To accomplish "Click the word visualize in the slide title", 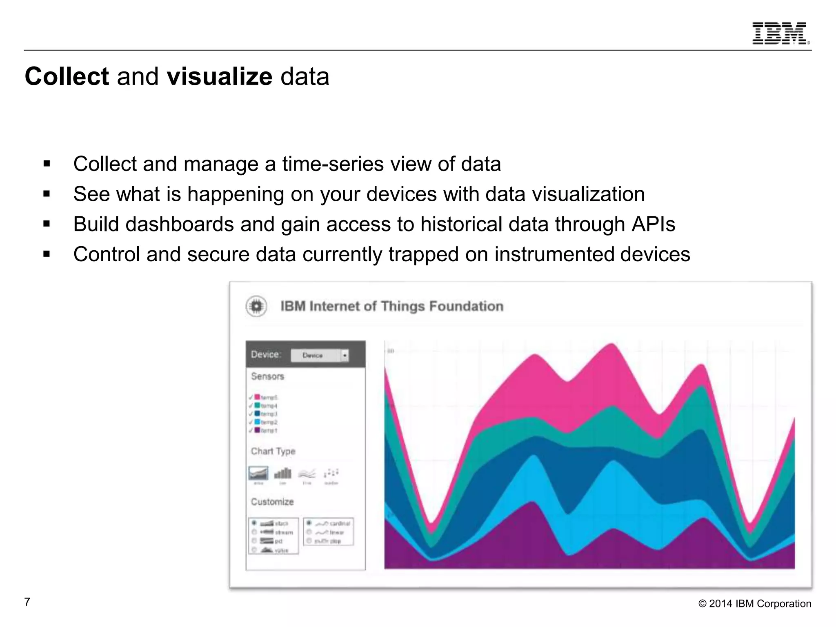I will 219,76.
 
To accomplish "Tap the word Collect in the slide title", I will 67,76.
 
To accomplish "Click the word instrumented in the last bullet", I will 554,254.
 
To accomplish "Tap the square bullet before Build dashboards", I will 47,224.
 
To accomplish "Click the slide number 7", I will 27,602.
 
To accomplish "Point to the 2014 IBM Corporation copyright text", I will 755,604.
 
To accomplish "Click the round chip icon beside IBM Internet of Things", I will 256,306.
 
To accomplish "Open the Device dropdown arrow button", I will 345,356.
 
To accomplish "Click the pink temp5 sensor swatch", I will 257,397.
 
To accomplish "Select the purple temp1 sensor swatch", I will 257,430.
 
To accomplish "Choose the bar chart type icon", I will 282,474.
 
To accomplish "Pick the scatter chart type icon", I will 331,474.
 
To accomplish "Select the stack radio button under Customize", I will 254,523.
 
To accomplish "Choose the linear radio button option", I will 309,532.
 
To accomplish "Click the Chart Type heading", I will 273,451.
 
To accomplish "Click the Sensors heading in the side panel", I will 267,376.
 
